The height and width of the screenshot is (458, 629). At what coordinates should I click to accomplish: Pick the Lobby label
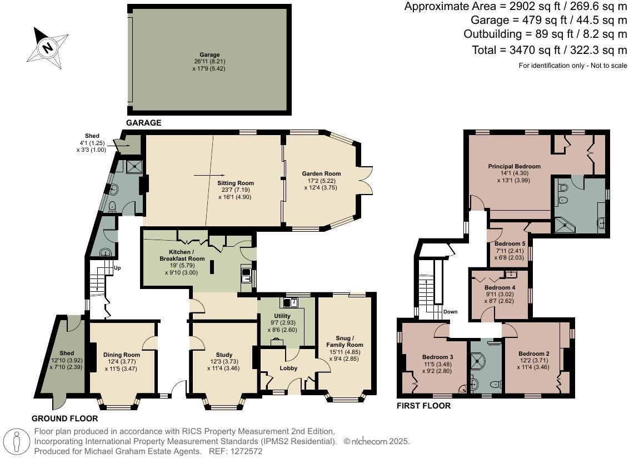click(288, 368)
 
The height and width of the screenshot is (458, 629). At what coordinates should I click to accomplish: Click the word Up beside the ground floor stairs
click(117, 268)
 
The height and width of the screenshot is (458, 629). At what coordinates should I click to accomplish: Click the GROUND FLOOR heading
click(64, 419)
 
